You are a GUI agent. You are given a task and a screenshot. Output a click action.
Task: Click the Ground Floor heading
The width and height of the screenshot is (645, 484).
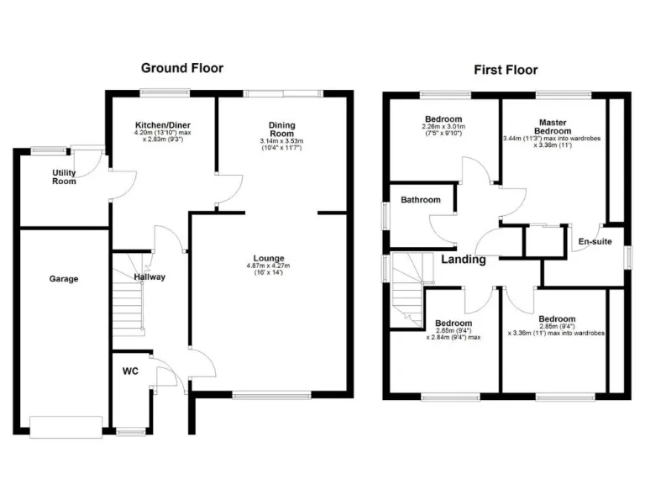(182, 68)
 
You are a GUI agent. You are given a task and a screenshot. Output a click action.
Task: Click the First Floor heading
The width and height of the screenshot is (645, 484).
(506, 70)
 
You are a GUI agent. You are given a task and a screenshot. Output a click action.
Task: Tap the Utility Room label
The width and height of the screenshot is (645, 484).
(64, 176)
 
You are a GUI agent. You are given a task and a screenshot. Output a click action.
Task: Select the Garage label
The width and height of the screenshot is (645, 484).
(63, 278)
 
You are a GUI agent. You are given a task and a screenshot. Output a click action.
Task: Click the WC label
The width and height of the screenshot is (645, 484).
(130, 370)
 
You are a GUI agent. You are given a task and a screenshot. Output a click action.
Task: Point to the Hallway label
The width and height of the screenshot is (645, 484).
(149, 276)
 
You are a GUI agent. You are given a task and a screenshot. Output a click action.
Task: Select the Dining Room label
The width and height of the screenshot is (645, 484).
(281, 128)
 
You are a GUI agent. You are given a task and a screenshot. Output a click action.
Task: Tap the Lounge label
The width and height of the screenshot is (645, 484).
(270, 258)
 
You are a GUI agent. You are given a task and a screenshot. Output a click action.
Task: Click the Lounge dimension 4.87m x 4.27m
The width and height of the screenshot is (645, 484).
(270, 267)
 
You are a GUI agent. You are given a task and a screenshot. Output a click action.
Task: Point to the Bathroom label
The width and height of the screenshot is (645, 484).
(420, 200)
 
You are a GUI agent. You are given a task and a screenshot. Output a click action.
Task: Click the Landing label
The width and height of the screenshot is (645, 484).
(463, 260)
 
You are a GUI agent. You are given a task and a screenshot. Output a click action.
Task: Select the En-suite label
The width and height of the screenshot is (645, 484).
(594, 242)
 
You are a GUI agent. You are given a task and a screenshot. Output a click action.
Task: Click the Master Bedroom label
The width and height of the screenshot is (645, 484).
(553, 126)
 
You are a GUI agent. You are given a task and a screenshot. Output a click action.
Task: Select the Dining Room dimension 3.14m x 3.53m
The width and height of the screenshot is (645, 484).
(281, 140)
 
